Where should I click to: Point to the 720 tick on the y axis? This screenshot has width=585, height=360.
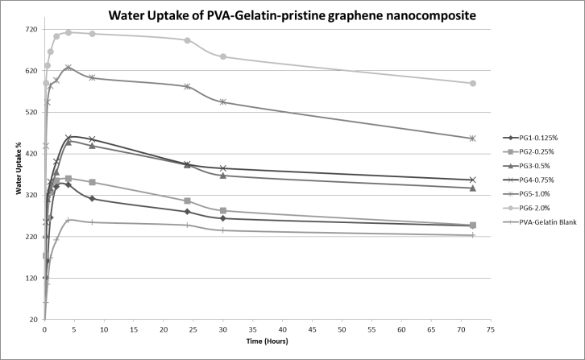pos(32,30)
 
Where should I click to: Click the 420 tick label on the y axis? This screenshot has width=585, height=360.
pos(32,154)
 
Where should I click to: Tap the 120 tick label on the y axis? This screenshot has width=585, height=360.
pos(32,279)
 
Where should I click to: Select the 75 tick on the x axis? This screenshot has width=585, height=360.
pos(490,329)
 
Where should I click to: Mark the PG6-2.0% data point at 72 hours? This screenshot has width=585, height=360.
pos(473,84)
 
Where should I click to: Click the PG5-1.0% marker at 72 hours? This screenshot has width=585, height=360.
pos(473,139)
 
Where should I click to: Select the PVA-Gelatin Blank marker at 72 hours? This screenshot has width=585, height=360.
pos(473,235)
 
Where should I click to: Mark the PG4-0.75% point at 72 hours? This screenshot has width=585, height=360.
pos(473,180)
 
